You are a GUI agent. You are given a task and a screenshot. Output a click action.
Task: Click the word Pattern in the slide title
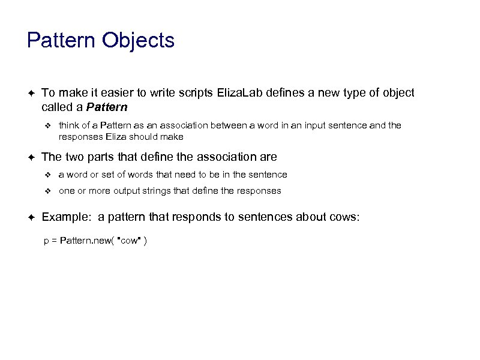click(x=62, y=41)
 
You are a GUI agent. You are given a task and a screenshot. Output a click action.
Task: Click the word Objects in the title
click(x=139, y=41)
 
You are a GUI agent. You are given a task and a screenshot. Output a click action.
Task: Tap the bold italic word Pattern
click(x=107, y=108)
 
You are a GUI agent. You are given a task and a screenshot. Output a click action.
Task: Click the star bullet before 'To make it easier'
click(x=31, y=93)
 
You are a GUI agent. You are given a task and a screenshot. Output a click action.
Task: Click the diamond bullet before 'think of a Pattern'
click(x=50, y=125)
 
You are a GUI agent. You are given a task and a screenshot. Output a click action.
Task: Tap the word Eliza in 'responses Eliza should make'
click(x=118, y=137)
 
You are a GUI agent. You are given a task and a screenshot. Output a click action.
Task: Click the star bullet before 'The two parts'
click(x=31, y=157)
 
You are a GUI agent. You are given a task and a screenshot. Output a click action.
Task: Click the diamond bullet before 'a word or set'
click(x=50, y=175)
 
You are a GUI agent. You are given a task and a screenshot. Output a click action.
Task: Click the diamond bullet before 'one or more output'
click(x=50, y=191)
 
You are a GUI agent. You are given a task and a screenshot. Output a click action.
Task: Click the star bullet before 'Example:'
click(x=31, y=217)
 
